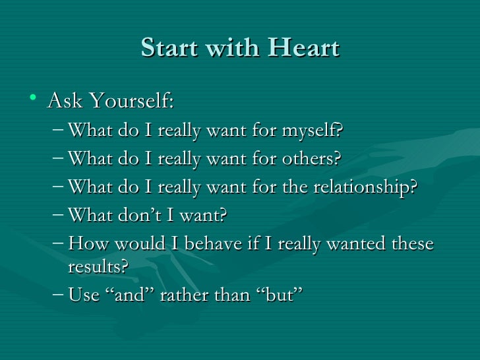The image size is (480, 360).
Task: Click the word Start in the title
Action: pyautogui.click(x=167, y=48)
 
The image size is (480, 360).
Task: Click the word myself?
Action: pyautogui.click(x=313, y=131)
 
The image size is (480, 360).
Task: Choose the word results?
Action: pyautogui.click(x=98, y=266)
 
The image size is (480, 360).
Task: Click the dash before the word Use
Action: pyautogui.click(x=57, y=295)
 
